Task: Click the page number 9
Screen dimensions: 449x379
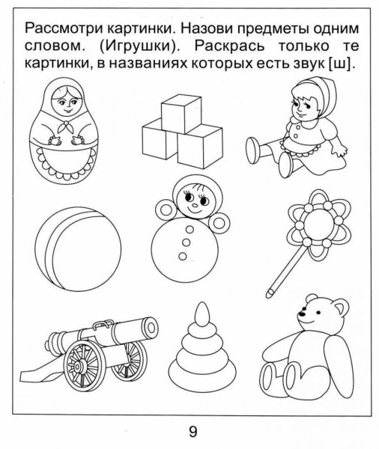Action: pos(193,431)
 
